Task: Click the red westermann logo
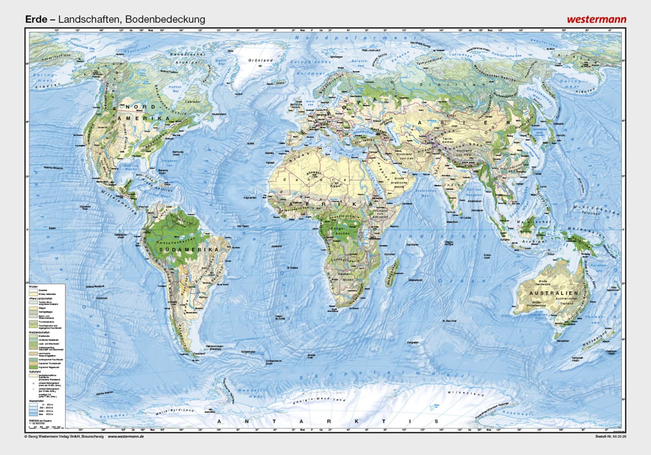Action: [596, 20]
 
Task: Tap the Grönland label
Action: [260, 60]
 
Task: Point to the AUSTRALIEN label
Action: [553, 293]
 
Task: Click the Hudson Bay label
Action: [175, 88]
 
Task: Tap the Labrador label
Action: [193, 101]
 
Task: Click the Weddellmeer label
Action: [250, 393]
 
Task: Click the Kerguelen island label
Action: [413, 342]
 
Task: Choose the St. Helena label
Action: [292, 268]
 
